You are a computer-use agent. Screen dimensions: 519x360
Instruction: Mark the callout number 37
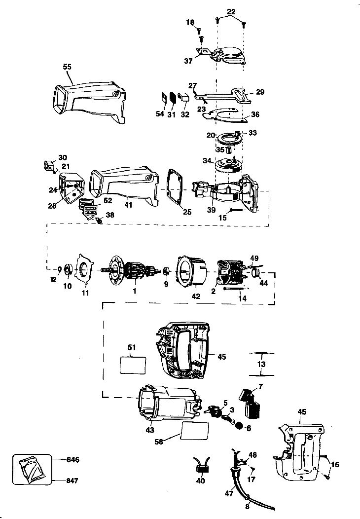188,61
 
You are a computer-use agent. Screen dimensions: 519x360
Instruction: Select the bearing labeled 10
68,272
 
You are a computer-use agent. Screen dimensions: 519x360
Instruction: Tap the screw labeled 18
200,32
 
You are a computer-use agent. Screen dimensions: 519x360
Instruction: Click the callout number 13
261,364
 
